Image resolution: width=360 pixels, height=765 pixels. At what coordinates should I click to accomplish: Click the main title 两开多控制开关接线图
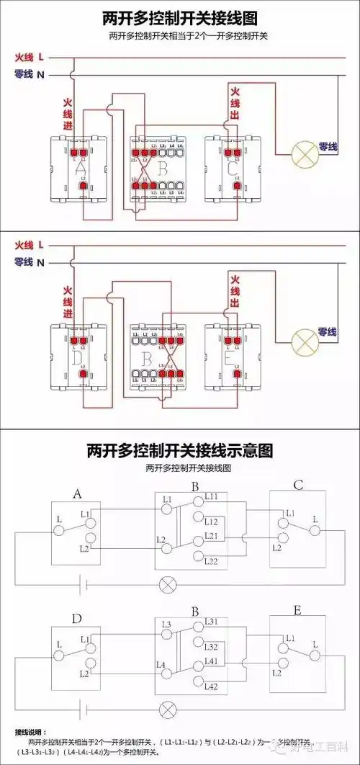180,17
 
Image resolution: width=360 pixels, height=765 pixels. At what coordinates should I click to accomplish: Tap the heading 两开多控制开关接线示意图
180,451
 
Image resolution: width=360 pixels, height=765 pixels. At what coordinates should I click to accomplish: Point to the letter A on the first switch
81,168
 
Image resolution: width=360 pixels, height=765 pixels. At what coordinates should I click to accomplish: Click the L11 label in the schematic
213,497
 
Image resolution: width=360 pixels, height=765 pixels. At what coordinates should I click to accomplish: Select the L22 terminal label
211,561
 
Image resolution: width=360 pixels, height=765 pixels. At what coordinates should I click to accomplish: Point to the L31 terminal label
211,621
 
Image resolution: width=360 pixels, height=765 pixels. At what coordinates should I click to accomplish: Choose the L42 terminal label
211,687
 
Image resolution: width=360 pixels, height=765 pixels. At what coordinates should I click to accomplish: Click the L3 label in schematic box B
166,624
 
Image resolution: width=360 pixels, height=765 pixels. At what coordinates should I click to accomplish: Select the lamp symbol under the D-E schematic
168,707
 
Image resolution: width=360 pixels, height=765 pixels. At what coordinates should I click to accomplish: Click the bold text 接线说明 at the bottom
30,732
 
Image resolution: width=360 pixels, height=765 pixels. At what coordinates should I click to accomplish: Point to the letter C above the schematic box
298,486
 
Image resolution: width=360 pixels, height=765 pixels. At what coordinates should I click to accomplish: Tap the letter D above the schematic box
78,619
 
